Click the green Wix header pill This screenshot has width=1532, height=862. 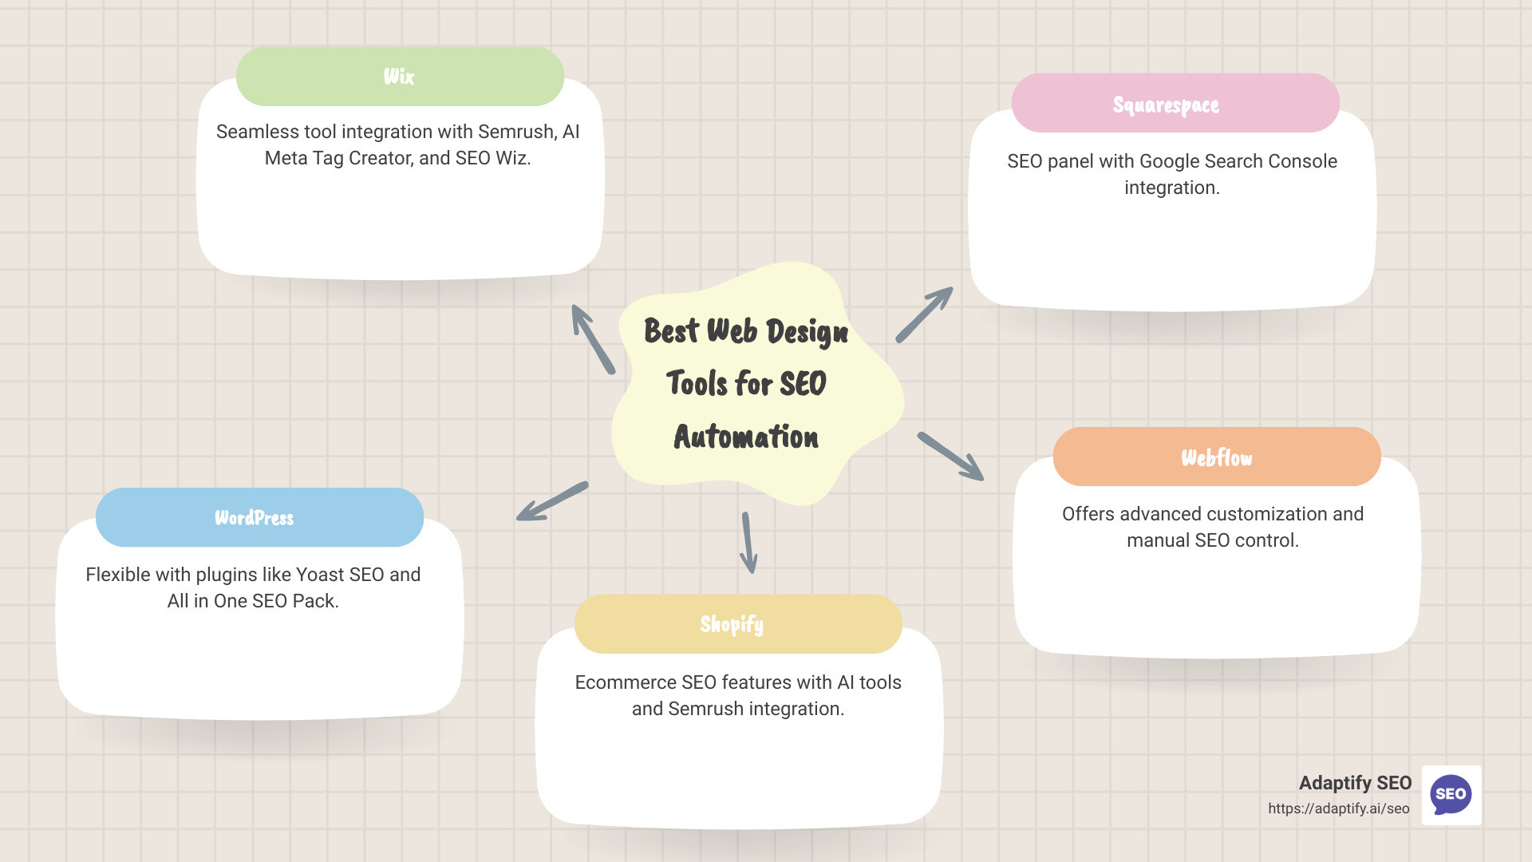coord(400,77)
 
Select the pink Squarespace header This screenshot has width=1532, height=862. coord(1175,104)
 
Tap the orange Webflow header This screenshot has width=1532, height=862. coord(1216,457)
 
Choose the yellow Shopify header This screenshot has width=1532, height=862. coord(737,624)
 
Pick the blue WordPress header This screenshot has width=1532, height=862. coord(259,518)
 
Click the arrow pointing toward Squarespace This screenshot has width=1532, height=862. coord(924,314)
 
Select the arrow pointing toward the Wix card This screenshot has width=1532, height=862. coord(593,339)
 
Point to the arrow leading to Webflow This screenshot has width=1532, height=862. coord(950,457)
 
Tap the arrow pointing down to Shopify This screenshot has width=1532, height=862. coord(748,543)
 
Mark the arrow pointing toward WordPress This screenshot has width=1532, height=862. coord(552,501)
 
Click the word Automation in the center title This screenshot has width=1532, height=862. coord(746,437)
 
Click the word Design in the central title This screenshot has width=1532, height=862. coord(807,332)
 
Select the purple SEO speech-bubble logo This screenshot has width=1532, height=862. coord(1451,795)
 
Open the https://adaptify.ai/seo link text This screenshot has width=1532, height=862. coord(1338,809)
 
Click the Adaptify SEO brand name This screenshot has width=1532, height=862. coord(1355,783)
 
